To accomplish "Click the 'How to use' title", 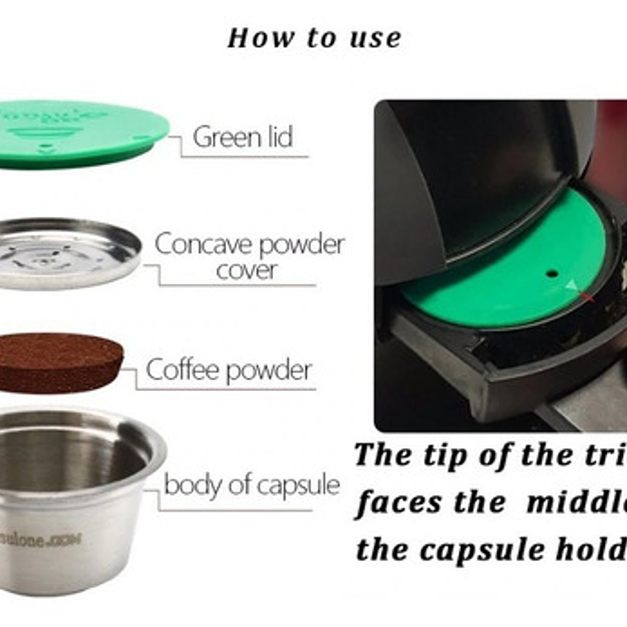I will pos(314,38).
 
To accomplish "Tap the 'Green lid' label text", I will pos(243,137).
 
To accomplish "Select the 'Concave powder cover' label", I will pos(249,257).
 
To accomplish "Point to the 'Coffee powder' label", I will pos(228,370).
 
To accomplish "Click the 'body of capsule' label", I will pos(252,485).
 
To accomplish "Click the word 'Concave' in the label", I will pos(200,245).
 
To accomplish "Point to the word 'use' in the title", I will pos(374,38).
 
